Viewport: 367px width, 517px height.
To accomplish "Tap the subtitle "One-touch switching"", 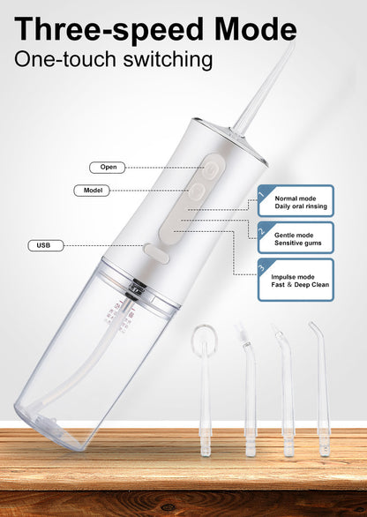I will (x=114, y=60).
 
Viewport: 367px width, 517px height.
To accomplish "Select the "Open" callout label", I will (x=108, y=167).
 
